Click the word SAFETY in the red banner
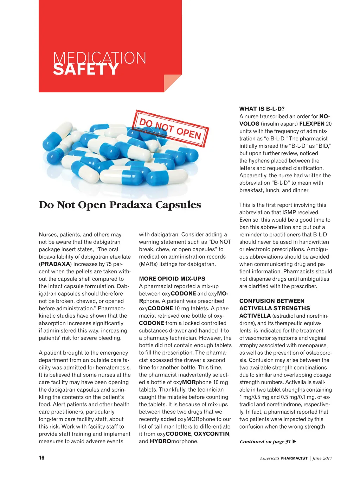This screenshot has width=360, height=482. tap(86, 69)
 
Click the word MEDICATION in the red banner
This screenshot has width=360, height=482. tap(99, 57)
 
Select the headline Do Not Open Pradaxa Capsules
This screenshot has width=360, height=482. tap(120, 205)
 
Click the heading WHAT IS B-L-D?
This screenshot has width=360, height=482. tap(262, 109)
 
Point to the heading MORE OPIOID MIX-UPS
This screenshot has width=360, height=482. tap(172, 279)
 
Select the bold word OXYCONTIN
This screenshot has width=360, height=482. tap(212, 434)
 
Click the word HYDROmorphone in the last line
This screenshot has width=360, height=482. tap(174, 441)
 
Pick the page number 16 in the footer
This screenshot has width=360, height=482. tap(41, 458)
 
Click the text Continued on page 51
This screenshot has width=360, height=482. tap(265, 442)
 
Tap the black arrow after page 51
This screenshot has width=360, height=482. tap(295, 442)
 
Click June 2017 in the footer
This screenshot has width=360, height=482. tap(322, 458)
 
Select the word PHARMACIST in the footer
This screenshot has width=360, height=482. tap(294, 458)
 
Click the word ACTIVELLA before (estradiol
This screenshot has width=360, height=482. tap(255, 316)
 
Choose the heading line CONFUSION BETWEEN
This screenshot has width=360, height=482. tap(272, 301)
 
